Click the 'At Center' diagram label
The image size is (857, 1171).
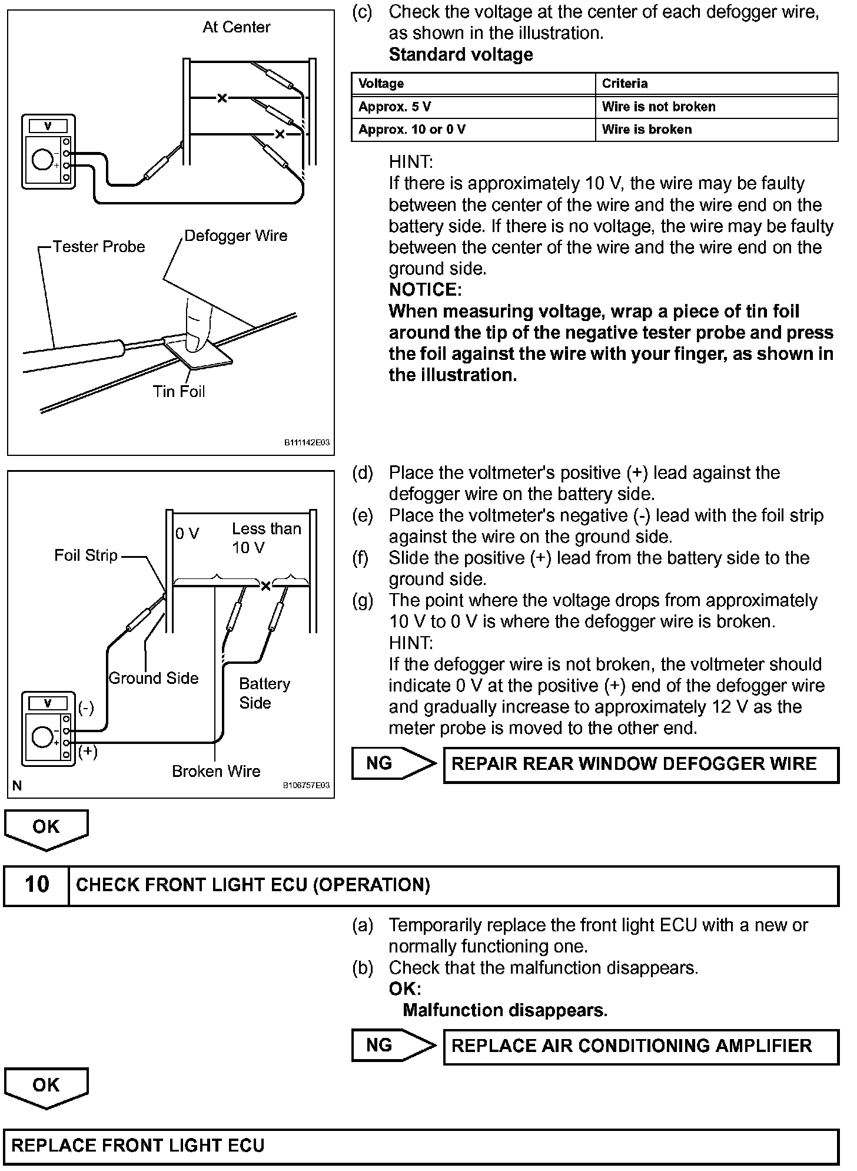pos(236,27)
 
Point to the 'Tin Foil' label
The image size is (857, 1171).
pos(179,391)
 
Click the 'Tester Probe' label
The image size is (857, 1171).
pos(99,246)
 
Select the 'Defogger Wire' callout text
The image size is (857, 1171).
pos(236,236)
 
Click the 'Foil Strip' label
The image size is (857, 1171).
pos(86,555)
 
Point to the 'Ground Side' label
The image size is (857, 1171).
pos(154,678)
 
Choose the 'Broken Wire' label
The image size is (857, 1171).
pos(216,771)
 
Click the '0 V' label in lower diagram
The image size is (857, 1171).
pos(187,534)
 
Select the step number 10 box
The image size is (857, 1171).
pos(36,885)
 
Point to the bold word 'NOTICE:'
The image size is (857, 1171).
pos(425,290)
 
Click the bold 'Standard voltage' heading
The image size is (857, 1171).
pos(461,55)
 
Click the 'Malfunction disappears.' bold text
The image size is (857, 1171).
pos(505,1010)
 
